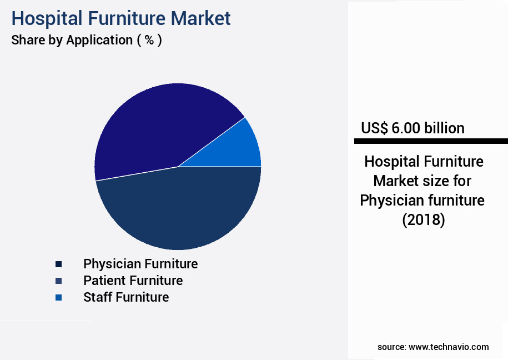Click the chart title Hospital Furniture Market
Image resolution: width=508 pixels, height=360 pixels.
click(x=120, y=18)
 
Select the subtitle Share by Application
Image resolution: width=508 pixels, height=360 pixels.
click(x=86, y=40)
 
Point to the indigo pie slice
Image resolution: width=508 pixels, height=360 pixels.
click(x=161, y=125)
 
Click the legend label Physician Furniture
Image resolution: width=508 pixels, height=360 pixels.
click(x=140, y=263)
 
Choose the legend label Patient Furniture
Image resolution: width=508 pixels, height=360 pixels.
click(x=133, y=280)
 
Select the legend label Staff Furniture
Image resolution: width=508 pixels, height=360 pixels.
click(x=126, y=297)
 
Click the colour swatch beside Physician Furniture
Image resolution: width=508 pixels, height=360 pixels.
click(x=58, y=264)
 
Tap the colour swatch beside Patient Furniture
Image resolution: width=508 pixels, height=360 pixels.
click(x=58, y=281)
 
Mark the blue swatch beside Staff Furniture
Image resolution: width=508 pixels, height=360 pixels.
click(x=58, y=297)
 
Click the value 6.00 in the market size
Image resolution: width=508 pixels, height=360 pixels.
click(x=406, y=128)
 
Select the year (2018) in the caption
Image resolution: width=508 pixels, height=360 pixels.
click(x=423, y=220)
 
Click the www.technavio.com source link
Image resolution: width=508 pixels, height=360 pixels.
click(x=449, y=347)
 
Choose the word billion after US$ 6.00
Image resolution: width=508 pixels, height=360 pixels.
click(x=444, y=128)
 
